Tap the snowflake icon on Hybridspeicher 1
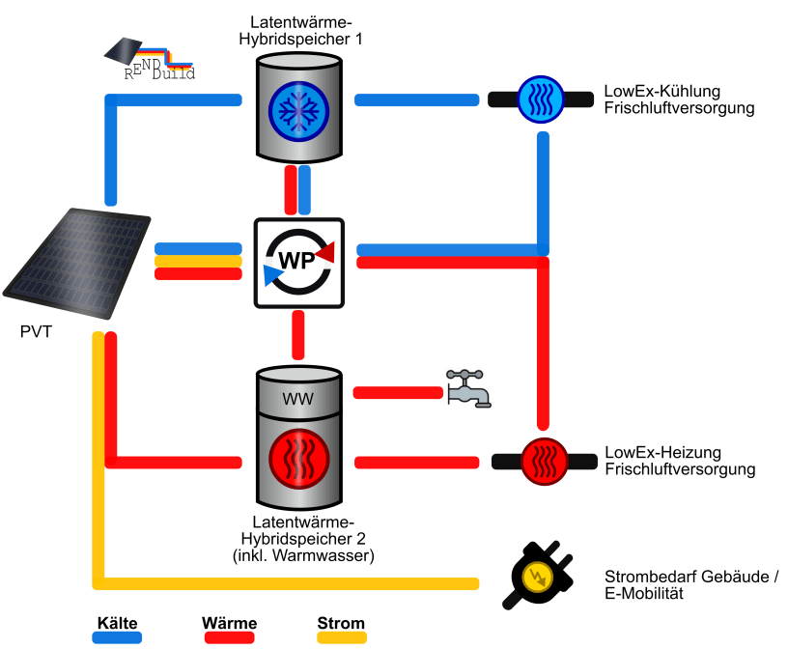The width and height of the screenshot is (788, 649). click(x=298, y=106)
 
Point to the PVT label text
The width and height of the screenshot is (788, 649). click(x=37, y=333)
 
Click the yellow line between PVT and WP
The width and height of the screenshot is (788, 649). click(x=197, y=261)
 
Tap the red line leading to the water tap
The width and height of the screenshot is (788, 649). click(x=396, y=392)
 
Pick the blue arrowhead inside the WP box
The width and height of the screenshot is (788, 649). click(x=272, y=276)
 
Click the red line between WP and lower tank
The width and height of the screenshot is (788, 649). click(x=298, y=335)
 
